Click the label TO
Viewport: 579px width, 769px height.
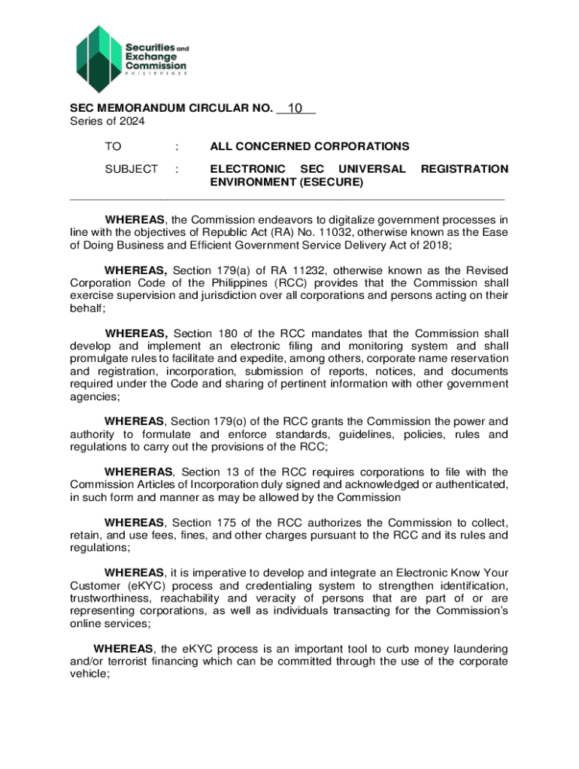114,146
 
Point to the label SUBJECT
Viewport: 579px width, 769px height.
132,170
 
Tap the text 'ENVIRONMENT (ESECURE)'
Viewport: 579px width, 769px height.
286,182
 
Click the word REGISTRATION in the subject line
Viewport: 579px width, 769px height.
464,170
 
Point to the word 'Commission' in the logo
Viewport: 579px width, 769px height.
156,65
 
